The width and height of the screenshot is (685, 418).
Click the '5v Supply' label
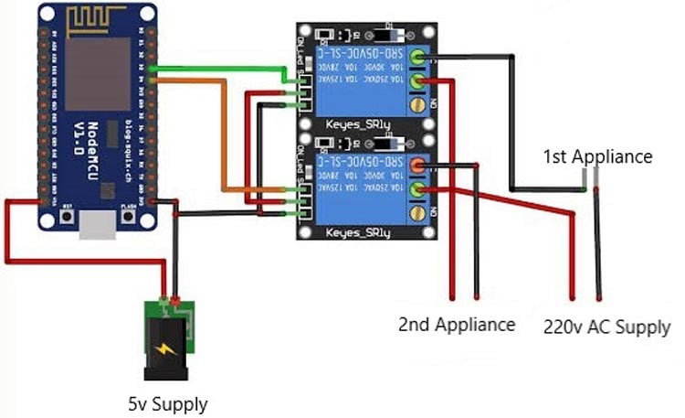(167, 402)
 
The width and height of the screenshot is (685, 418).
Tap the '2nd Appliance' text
(457, 324)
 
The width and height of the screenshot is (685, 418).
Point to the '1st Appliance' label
(597, 156)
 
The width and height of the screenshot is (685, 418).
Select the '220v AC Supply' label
(606, 327)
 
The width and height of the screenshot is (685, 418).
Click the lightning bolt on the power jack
(168, 348)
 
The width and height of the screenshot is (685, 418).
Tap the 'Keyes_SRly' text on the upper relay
(357, 123)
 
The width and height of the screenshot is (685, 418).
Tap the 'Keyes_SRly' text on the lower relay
(357, 234)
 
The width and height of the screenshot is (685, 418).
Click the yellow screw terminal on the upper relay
(419, 107)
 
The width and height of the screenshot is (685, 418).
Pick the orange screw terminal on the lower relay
(417, 166)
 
